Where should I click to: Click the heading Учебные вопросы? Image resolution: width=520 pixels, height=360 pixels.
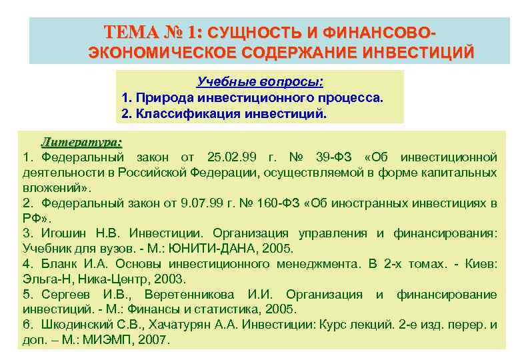tap(260, 82)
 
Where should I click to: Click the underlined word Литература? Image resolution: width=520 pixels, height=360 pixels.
tap(81, 141)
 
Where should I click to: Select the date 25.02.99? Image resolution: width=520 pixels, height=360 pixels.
tap(230, 157)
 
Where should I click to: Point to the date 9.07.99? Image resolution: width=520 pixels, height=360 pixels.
tap(175, 203)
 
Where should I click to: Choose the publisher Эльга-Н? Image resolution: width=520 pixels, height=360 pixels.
tap(44, 279)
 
